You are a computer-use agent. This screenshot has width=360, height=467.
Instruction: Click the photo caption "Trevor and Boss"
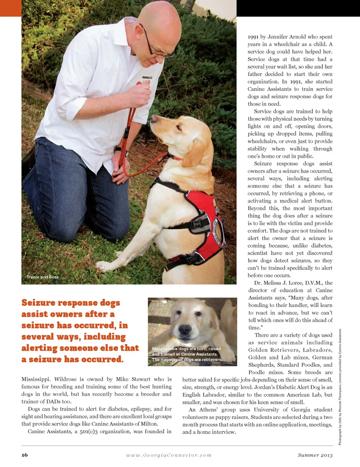[42, 277]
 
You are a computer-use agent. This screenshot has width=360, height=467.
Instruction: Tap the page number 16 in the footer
[25, 455]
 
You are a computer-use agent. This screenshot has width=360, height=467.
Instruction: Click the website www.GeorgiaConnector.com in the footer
[169, 455]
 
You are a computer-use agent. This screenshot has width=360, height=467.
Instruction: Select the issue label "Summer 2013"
[315, 455]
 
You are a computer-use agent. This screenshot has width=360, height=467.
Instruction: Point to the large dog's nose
[154, 119]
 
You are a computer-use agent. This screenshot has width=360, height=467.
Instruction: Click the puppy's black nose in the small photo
[185, 330]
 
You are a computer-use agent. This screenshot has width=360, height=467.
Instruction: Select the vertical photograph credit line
[340, 386]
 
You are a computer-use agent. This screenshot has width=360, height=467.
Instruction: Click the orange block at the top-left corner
[10, 8]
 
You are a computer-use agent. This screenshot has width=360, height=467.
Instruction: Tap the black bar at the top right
[298, 8]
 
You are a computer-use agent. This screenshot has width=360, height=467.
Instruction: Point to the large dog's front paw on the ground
[103, 266]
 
